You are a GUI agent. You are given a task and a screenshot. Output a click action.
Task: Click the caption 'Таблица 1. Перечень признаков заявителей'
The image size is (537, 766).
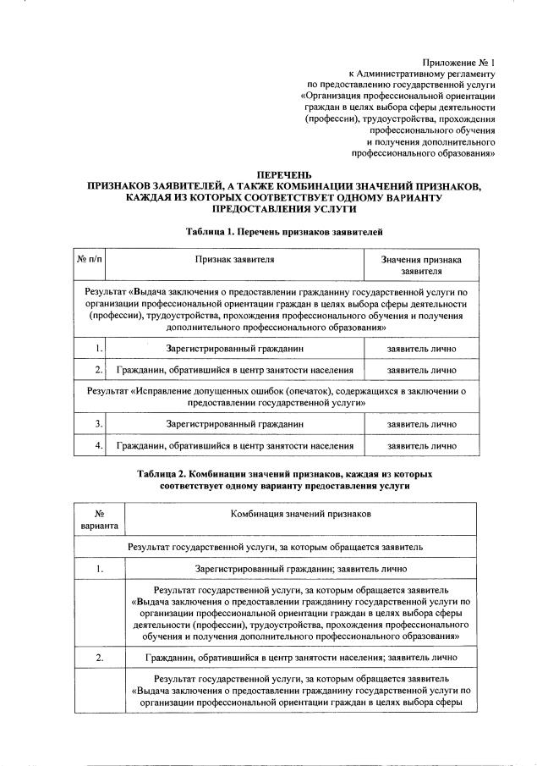click(x=284, y=230)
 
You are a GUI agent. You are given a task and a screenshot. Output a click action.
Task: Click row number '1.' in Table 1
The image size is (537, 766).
click(x=99, y=348)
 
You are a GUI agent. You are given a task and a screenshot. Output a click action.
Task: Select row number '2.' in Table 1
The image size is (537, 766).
click(x=99, y=370)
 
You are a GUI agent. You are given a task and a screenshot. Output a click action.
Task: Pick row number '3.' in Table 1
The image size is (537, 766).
click(x=99, y=423)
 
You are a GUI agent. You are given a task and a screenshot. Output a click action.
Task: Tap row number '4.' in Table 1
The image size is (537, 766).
click(x=99, y=445)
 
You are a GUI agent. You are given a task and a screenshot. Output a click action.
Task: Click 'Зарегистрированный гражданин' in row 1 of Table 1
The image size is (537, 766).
click(x=234, y=348)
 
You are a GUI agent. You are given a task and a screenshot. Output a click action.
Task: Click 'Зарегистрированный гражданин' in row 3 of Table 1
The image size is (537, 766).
click(x=234, y=423)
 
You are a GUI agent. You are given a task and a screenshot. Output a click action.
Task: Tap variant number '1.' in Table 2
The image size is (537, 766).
click(x=99, y=569)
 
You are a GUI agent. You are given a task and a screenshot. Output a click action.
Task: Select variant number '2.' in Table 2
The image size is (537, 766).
click(x=99, y=657)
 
